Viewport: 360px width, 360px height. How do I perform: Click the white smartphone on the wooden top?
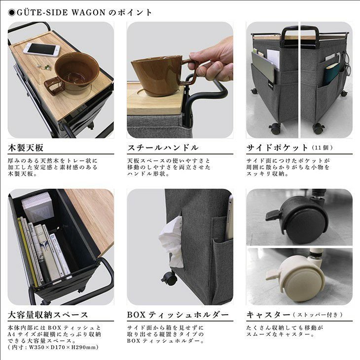coord(41,49)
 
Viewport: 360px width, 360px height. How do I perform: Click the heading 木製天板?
coord(26,147)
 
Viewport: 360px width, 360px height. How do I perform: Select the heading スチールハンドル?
coord(163,147)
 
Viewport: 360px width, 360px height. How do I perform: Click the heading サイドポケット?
coord(277,147)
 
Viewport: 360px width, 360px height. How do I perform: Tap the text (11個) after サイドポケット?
coord(323,148)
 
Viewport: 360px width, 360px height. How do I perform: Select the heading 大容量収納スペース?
coord(48,315)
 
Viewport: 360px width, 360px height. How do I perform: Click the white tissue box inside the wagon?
coord(36,207)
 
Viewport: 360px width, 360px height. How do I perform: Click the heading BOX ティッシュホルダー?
coord(178,315)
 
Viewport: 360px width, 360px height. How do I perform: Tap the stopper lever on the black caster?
coord(273,215)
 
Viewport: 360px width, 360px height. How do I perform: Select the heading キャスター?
coord(268,315)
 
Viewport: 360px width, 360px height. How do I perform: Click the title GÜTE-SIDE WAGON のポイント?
coord(80,12)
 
